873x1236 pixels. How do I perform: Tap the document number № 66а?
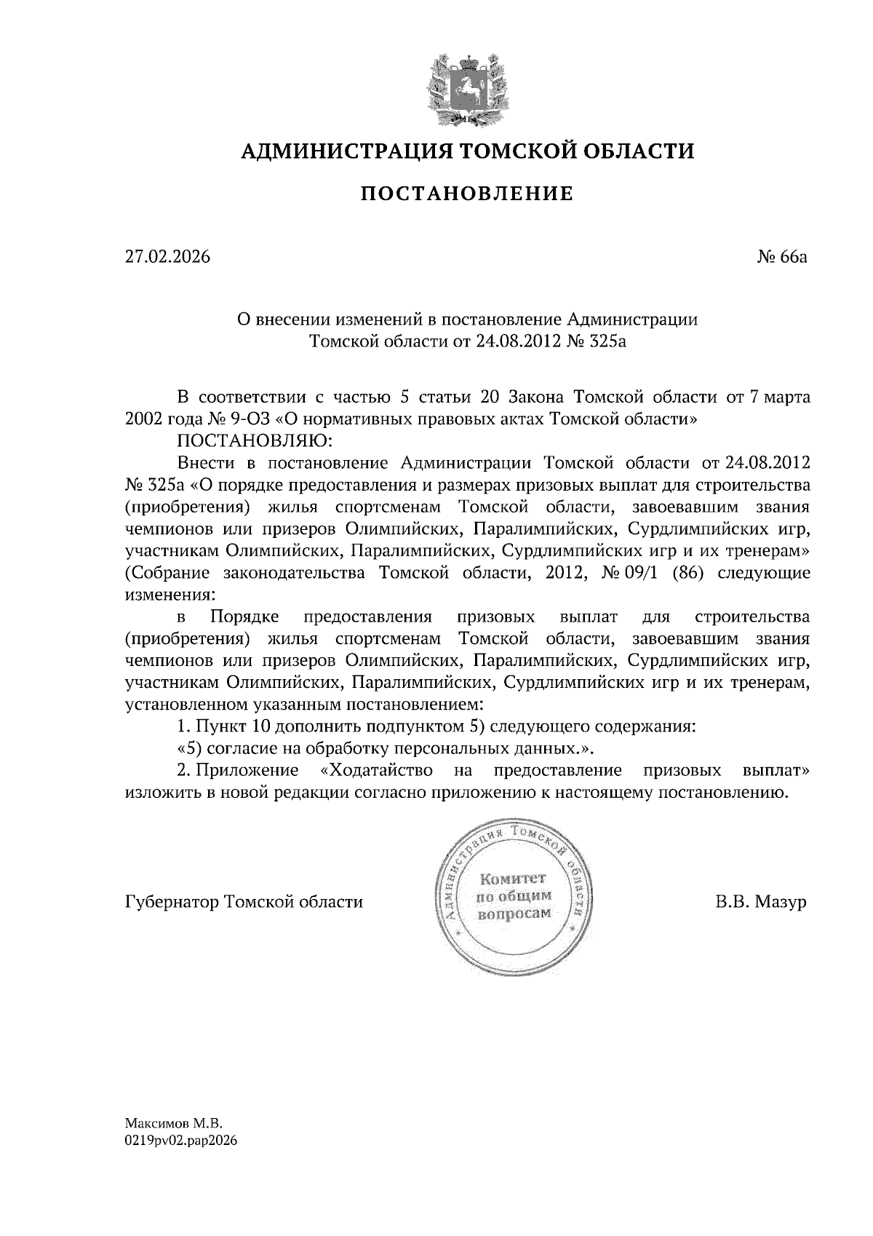pyautogui.click(x=782, y=257)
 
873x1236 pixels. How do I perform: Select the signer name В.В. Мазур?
pyautogui.click(x=761, y=902)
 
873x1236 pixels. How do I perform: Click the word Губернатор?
pyautogui.click(x=172, y=902)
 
